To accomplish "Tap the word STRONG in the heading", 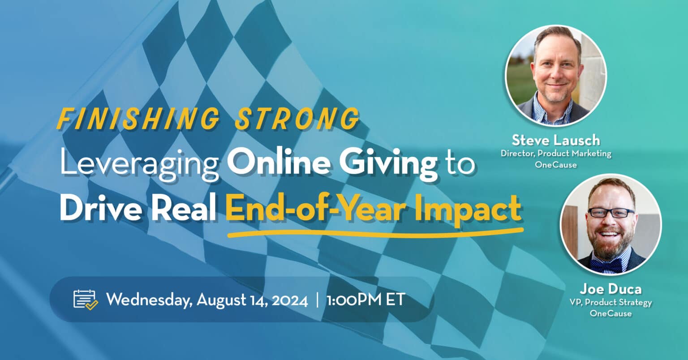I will (x=297, y=119).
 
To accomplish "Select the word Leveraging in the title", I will (x=139, y=164).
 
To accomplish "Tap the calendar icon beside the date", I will (x=85, y=300).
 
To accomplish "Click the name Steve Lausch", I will (x=555, y=140).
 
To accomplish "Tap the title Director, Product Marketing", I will (x=555, y=154).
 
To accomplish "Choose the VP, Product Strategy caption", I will (x=611, y=303).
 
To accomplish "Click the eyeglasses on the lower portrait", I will (x=611, y=212).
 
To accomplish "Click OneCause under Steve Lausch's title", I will (x=555, y=164).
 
